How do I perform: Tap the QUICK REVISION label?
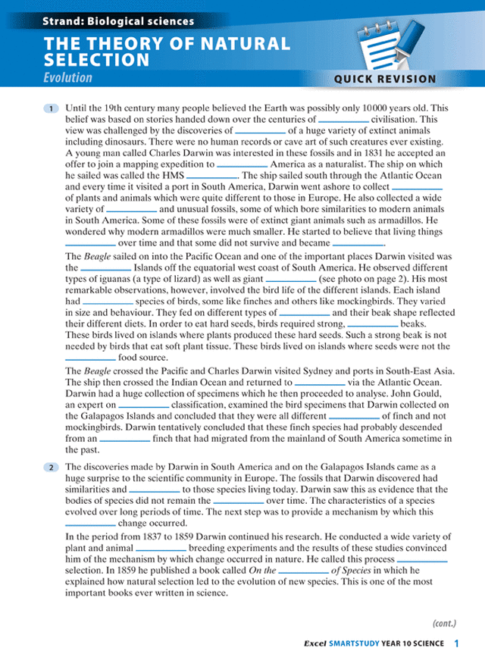[385, 79]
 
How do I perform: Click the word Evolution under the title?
[67, 77]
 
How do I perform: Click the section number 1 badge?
[51, 109]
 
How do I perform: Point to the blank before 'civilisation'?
[343, 120]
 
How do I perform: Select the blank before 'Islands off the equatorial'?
[105, 268]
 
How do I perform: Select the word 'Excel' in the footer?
[314, 644]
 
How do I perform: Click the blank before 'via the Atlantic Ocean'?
[319, 383]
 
